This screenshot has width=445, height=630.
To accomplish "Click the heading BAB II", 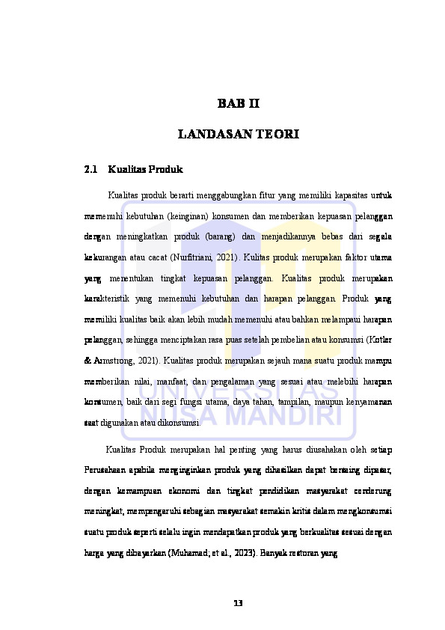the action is tap(239, 103).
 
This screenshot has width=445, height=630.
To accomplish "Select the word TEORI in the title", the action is tap(277, 135).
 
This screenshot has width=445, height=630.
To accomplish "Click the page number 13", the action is tap(238, 603).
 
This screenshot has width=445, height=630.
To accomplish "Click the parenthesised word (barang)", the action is tap(215, 237).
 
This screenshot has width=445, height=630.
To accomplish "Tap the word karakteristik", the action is tap(110, 299).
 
